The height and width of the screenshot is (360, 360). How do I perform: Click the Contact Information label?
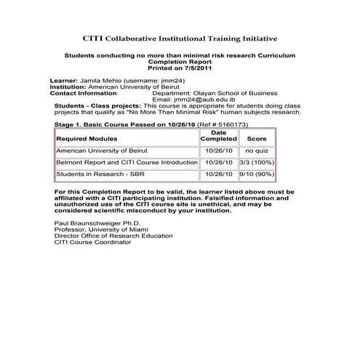(x=83, y=93)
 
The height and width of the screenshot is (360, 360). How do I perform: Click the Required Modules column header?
(x=87, y=138)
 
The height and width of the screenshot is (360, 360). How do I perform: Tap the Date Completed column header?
(x=218, y=136)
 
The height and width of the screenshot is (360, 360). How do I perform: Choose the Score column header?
(x=257, y=138)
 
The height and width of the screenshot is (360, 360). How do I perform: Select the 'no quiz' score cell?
(x=257, y=151)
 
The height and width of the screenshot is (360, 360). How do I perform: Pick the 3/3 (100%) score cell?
(x=257, y=162)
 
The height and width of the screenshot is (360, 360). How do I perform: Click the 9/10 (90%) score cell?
(x=257, y=175)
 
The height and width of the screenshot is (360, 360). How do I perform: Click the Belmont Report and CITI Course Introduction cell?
(x=127, y=162)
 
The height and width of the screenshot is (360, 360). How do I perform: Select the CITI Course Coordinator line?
(x=93, y=242)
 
